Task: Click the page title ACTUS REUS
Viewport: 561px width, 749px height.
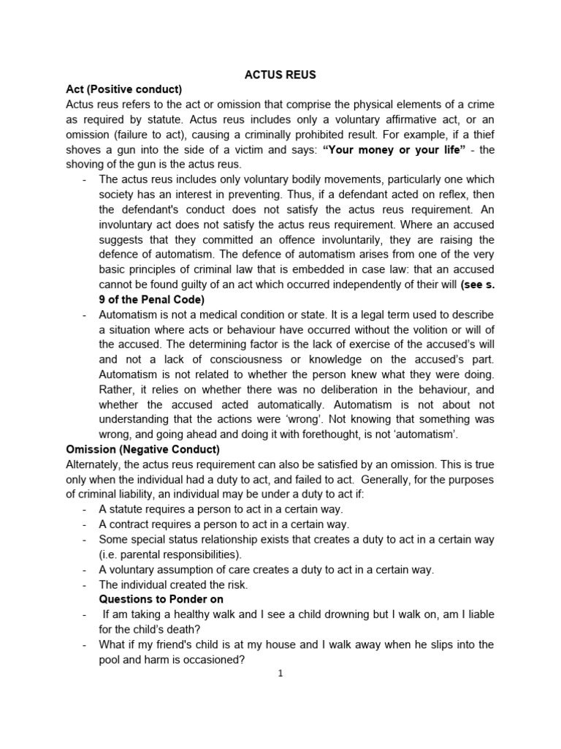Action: [280, 75]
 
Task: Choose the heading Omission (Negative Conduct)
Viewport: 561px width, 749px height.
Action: [142, 450]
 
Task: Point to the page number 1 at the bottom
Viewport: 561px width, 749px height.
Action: [280, 674]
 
